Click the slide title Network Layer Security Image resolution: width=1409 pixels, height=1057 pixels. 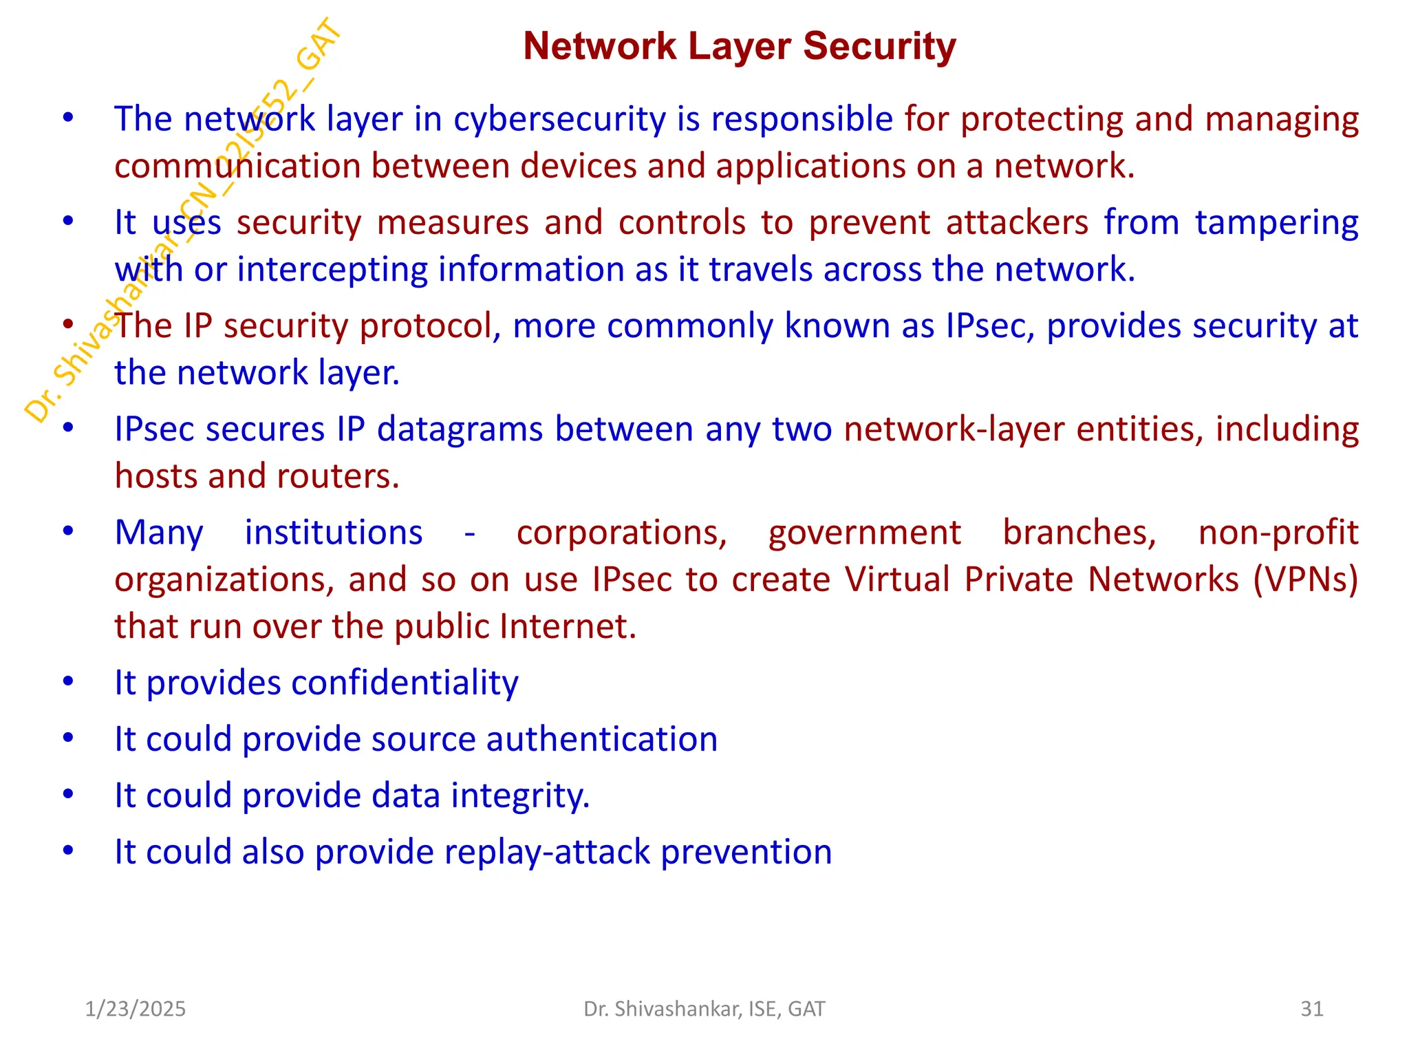pyautogui.click(x=740, y=47)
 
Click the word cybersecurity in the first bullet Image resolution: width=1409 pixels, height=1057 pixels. pyautogui.click(x=559, y=120)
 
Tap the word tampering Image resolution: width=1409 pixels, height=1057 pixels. pyautogui.click(x=1276, y=224)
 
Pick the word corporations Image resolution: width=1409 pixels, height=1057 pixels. pyautogui.click(x=621, y=533)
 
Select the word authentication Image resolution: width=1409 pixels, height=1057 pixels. pyautogui.click(x=602, y=740)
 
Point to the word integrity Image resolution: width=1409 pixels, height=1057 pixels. pyautogui.click(x=520, y=796)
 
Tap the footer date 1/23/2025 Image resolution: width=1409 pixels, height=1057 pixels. pyautogui.click(x=136, y=1009)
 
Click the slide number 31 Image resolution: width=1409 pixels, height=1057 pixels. pyautogui.click(x=1312, y=1009)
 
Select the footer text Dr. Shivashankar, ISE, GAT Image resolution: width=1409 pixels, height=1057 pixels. pyautogui.click(x=704, y=1009)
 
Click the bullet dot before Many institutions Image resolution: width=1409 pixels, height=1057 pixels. pyautogui.click(x=67, y=532)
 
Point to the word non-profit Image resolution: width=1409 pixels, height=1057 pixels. pyautogui.click(x=1278, y=533)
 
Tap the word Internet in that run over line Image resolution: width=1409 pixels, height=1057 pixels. pyautogui.click(x=568, y=627)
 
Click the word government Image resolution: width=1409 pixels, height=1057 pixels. pyautogui.click(x=864, y=533)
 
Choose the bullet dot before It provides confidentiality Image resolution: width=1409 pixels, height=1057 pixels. pyautogui.click(x=67, y=682)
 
